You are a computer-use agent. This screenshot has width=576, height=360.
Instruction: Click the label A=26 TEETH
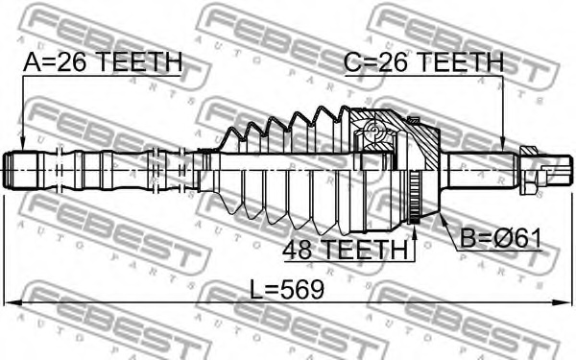(x=103, y=62)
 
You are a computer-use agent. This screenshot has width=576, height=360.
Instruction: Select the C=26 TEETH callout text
(x=424, y=62)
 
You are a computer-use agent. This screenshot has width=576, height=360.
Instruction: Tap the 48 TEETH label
(x=345, y=250)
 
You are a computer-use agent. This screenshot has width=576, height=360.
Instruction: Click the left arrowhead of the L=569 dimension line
(x=8, y=302)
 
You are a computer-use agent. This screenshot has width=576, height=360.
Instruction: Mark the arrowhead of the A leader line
(x=20, y=149)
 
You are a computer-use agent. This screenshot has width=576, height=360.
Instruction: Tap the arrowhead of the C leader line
(x=503, y=148)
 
